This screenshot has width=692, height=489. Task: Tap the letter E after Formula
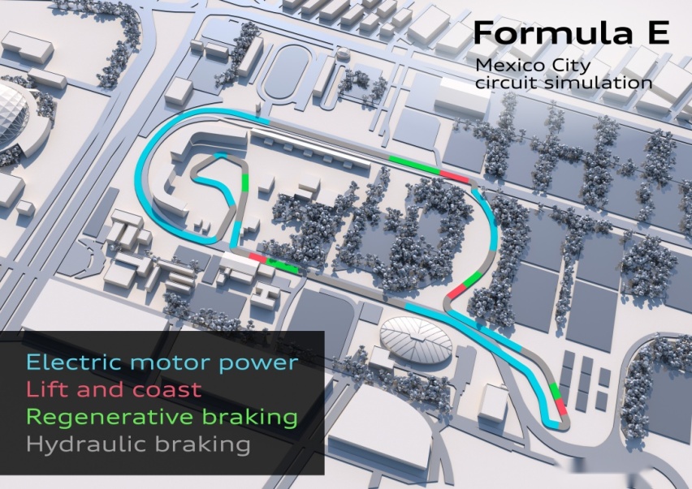tap(658, 32)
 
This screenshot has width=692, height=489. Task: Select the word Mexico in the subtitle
tap(510, 65)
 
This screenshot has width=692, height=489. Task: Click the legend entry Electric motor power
tap(162, 362)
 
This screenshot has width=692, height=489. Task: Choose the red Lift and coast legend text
tap(114, 389)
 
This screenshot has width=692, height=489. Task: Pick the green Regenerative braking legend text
tap(162, 417)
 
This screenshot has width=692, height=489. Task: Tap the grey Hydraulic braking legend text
tap(138, 444)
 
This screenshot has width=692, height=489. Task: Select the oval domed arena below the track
tap(415, 340)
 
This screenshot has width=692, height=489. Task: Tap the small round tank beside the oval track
tap(342, 54)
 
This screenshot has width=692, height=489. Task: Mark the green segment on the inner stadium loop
tap(245, 182)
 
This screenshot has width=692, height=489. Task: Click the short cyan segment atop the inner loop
tap(221, 155)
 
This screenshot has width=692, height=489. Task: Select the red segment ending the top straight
tap(454, 176)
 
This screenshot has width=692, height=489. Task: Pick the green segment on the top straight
tap(414, 165)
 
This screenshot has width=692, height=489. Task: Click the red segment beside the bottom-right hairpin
tap(561, 405)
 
